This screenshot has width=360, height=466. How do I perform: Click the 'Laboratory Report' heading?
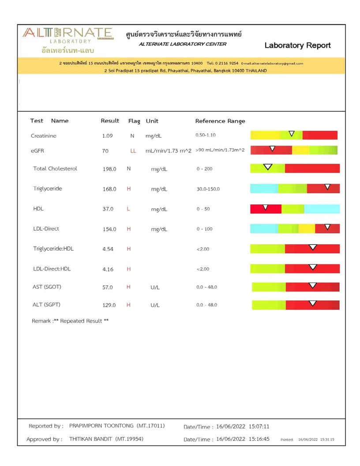click(x=297, y=45)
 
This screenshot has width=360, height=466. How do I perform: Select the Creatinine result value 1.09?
click(x=107, y=136)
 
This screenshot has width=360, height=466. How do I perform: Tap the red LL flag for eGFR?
click(x=133, y=150)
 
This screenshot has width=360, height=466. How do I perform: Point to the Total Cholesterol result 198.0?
click(x=109, y=169)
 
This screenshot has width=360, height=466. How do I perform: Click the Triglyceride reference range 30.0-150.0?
click(x=208, y=189)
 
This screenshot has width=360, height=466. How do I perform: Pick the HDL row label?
click(x=38, y=209)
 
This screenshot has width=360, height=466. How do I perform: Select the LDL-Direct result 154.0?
click(x=109, y=229)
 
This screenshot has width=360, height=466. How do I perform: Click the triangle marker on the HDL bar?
click(x=265, y=207)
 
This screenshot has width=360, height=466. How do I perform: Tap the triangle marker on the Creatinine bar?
click(x=292, y=134)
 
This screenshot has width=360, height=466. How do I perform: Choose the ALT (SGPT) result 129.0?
click(x=109, y=305)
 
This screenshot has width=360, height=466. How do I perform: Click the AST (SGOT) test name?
click(x=47, y=287)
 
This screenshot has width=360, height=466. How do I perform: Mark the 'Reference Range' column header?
click(x=220, y=121)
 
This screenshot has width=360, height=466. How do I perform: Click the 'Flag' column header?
click(x=134, y=121)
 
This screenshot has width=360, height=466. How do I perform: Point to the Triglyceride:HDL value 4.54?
click(x=108, y=249)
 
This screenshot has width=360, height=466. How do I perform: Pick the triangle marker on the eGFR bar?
click(x=272, y=148)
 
